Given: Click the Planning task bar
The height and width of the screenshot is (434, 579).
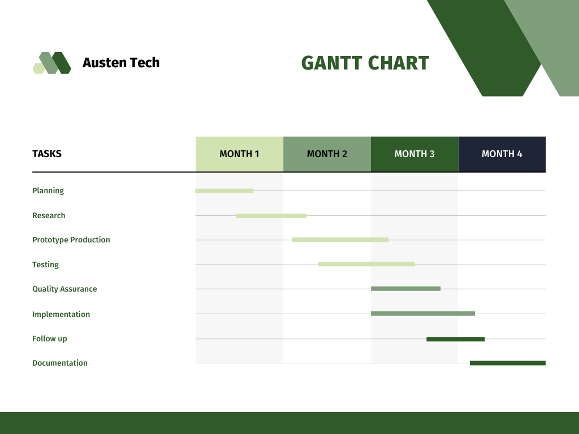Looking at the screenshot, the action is [x=224, y=191].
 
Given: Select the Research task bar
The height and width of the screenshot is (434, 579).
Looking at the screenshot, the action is [x=271, y=216].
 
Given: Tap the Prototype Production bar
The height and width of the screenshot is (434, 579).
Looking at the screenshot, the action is [x=340, y=240].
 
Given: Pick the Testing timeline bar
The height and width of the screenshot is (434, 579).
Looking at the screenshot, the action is [x=366, y=264].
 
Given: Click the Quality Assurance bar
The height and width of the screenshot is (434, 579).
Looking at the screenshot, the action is [x=405, y=289].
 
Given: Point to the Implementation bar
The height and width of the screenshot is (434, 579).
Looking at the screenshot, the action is [x=423, y=314].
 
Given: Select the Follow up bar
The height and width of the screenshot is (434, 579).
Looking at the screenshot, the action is [x=456, y=339].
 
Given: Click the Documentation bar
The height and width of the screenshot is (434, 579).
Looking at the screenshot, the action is [x=508, y=363].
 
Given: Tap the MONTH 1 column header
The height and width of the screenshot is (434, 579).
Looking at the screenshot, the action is [x=239, y=154].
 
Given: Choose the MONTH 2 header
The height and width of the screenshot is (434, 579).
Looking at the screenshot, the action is [x=327, y=154].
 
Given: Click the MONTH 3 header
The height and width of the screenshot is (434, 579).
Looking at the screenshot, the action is [x=414, y=154].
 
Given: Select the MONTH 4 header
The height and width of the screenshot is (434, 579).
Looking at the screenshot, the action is [x=502, y=154].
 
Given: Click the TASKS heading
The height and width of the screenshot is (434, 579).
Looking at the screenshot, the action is [x=47, y=154].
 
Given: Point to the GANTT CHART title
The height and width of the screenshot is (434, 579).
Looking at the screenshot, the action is [x=365, y=63].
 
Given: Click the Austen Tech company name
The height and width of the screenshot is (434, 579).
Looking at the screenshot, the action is [x=121, y=63].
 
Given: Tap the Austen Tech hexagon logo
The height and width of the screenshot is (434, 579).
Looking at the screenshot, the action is [x=52, y=63].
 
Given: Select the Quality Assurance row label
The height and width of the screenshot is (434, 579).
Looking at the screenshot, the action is [x=64, y=289].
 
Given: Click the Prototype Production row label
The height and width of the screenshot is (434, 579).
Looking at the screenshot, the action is [x=71, y=240].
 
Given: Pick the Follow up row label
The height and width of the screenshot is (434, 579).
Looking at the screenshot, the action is [x=50, y=339].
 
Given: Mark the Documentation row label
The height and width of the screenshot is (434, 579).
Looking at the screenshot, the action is [x=60, y=363].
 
